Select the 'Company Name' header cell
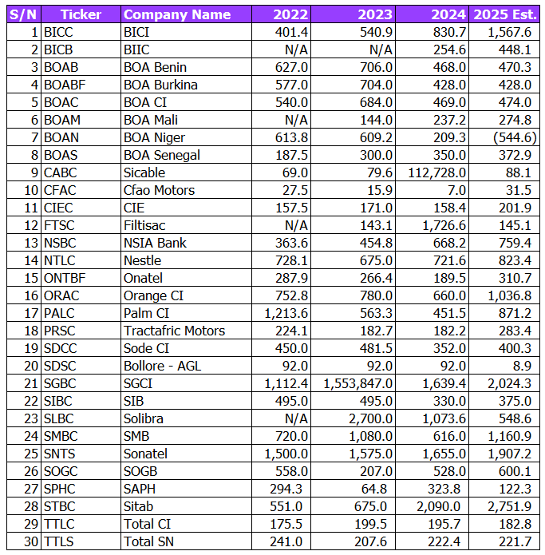tap(177, 14)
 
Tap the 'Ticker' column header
tap(81, 14)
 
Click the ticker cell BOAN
tap(61, 137)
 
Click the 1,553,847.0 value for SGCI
tap(357, 383)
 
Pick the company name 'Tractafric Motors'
tap(174, 331)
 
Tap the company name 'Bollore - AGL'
tap(164, 366)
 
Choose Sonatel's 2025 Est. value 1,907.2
tap(507, 454)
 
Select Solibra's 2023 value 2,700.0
tap(367, 418)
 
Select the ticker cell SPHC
tap(61, 489)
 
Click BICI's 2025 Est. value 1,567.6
tap(507, 32)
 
